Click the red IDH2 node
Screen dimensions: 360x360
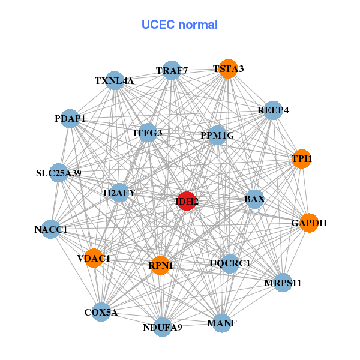point(187,201)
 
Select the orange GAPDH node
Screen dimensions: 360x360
point(308,223)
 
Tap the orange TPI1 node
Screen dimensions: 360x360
point(302,159)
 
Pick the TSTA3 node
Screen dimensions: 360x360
point(227,69)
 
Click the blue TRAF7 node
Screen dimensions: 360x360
point(172,70)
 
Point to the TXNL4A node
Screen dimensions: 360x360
point(115,80)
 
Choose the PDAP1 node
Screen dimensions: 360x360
point(70,119)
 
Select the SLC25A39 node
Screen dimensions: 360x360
point(58,173)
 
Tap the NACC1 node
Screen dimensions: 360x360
point(51,229)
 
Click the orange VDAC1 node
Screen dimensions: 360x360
point(94,258)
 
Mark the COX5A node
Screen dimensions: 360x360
point(101,312)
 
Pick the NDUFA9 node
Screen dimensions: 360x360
point(163,327)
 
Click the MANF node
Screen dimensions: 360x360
point(221,323)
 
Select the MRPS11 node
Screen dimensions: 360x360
point(283,282)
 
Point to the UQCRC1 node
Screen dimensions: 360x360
point(230,263)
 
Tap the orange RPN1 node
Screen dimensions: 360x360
point(160,265)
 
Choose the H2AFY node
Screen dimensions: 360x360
point(119,193)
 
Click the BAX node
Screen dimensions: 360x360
point(254,199)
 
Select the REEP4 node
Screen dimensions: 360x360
point(273,110)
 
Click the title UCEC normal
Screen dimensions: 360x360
point(179,25)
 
